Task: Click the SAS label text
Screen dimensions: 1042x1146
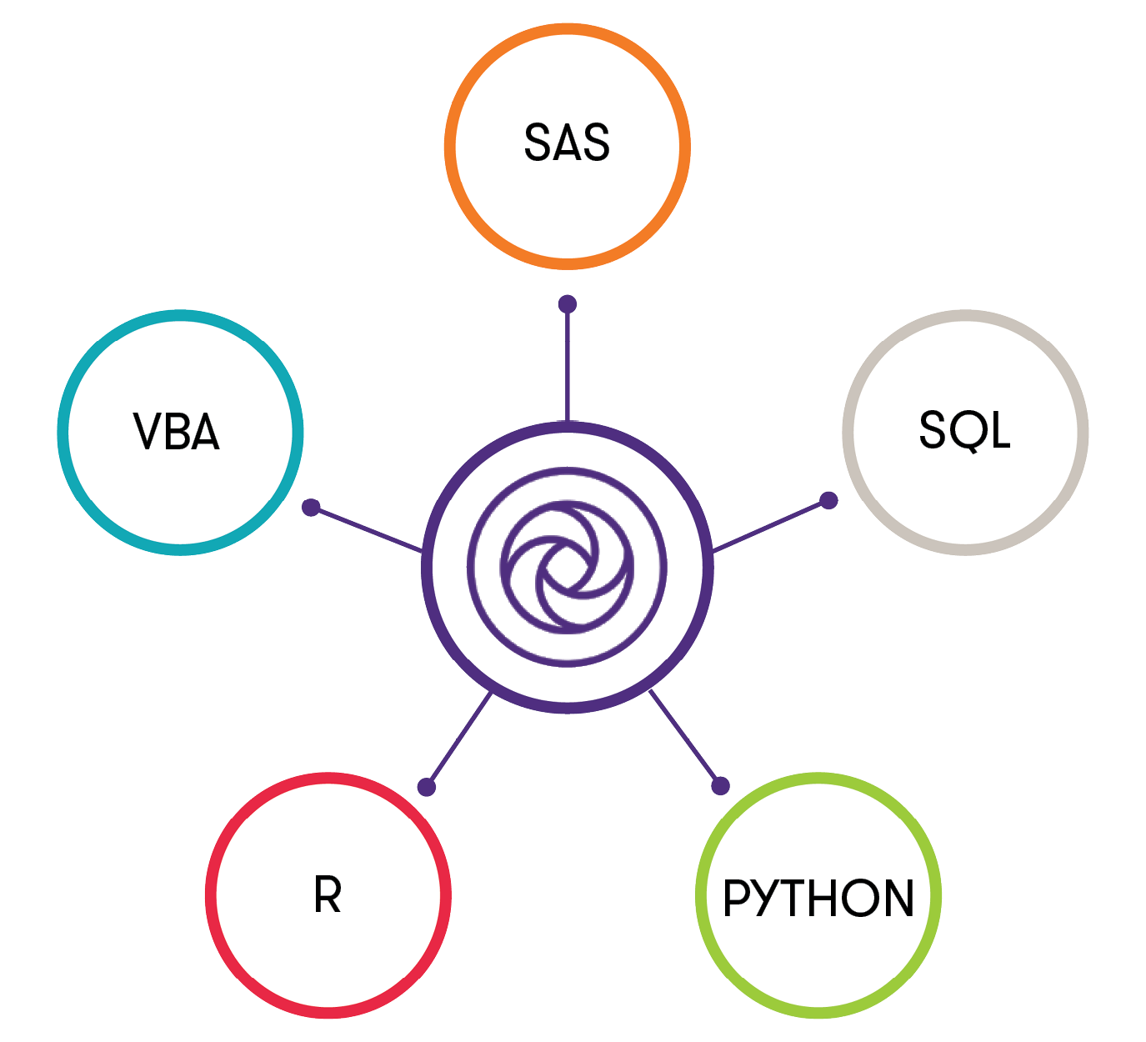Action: (x=567, y=143)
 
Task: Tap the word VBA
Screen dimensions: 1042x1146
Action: (x=177, y=432)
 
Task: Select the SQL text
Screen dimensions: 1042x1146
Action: (x=964, y=430)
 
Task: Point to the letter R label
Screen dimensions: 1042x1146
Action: (x=328, y=896)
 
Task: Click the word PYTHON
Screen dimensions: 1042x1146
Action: (x=818, y=898)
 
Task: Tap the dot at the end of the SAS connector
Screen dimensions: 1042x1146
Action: (x=568, y=304)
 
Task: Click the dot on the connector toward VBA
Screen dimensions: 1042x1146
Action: (x=311, y=507)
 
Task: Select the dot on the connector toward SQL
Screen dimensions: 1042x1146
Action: (x=828, y=500)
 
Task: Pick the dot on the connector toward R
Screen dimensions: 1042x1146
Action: (x=426, y=787)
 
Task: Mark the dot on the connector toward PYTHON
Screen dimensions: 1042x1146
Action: (x=720, y=785)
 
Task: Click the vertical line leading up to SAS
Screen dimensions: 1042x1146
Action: (x=568, y=363)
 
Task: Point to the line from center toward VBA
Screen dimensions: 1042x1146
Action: (x=367, y=529)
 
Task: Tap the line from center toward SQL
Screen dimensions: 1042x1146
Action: (x=771, y=526)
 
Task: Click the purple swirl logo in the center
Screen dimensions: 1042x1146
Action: (x=568, y=568)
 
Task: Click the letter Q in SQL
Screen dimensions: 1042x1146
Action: (x=964, y=432)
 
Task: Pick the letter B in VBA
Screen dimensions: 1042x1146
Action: (x=177, y=432)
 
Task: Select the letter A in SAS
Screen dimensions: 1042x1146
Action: (x=567, y=143)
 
